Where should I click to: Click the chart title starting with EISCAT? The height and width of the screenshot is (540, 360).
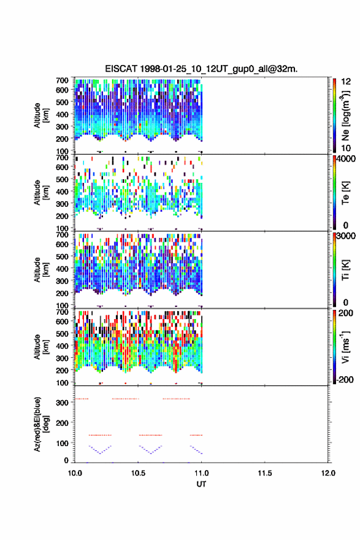pyautogui.click(x=201, y=69)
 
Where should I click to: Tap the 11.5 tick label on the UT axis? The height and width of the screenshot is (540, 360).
pyautogui.click(x=265, y=473)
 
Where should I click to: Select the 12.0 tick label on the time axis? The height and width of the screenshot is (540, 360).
pyautogui.click(x=328, y=473)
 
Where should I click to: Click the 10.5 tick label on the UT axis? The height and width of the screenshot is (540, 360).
pyautogui.click(x=138, y=473)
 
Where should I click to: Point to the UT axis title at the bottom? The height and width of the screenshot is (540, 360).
pyautogui.click(x=201, y=484)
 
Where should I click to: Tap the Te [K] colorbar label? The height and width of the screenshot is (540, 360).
pyautogui.click(x=345, y=193)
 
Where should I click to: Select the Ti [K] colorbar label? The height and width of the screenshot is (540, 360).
pyautogui.click(x=345, y=270)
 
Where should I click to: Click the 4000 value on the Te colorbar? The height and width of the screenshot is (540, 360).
pyautogui.click(x=346, y=159)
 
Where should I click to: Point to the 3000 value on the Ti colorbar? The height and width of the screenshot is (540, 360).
pyautogui.click(x=346, y=236)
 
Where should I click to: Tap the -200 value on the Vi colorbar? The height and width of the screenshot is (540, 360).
pyautogui.click(x=345, y=379)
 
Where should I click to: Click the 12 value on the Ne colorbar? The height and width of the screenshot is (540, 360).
pyautogui.click(x=346, y=82)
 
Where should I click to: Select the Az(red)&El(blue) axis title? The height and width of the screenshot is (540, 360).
pyautogui.click(x=41, y=424)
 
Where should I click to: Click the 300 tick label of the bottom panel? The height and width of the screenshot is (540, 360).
pyautogui.click(x=63, y=403)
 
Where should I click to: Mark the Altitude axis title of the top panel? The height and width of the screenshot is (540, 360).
pyautogui.click(x=41, y=115)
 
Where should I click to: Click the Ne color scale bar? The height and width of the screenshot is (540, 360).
pyautogui.click(x=334, y=115)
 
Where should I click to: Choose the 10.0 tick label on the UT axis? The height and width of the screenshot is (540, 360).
pyautogui.click(x=75, y=473)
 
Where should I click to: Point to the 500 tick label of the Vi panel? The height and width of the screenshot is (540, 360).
pyautogui.click(x=63, y=333)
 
